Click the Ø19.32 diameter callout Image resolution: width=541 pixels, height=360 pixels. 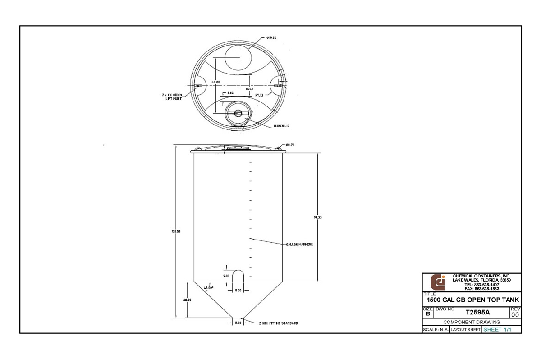(x=271, y=37)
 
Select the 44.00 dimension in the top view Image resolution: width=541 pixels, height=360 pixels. (x=216, y=82)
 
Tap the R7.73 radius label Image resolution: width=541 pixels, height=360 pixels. (x=259, y=95)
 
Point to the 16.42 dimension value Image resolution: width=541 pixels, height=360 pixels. (x=249, y=89)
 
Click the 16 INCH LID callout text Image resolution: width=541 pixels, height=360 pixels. (x=280, y=127)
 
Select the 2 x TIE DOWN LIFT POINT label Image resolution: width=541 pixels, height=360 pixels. (x=172, y=97)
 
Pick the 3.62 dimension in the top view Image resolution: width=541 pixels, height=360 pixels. (x=230, y=93)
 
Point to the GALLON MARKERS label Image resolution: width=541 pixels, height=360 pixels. (x=299, y=244)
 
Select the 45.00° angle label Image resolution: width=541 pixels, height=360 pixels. (x=208, y=287)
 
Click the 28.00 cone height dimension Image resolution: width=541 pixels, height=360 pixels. (x=188, y=300)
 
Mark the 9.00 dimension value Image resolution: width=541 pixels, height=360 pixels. (x=226, y=276)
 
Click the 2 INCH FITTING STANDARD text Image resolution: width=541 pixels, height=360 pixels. (x=278, y=323)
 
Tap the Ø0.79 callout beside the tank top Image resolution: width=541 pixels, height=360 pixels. (x=289, y=145)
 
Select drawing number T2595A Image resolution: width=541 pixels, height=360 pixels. (x=477, y=312)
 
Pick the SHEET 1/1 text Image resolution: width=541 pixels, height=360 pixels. (x=497, y=330)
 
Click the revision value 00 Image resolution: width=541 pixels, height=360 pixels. (x=515, y=314)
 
